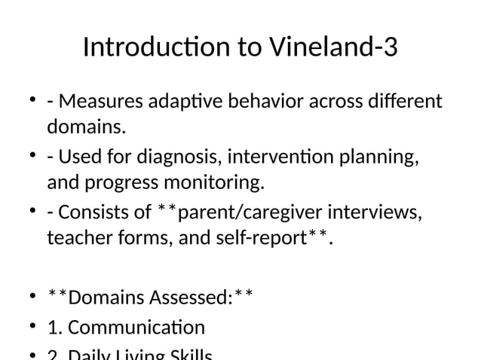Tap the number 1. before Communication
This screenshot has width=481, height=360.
(x=54, y=328)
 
